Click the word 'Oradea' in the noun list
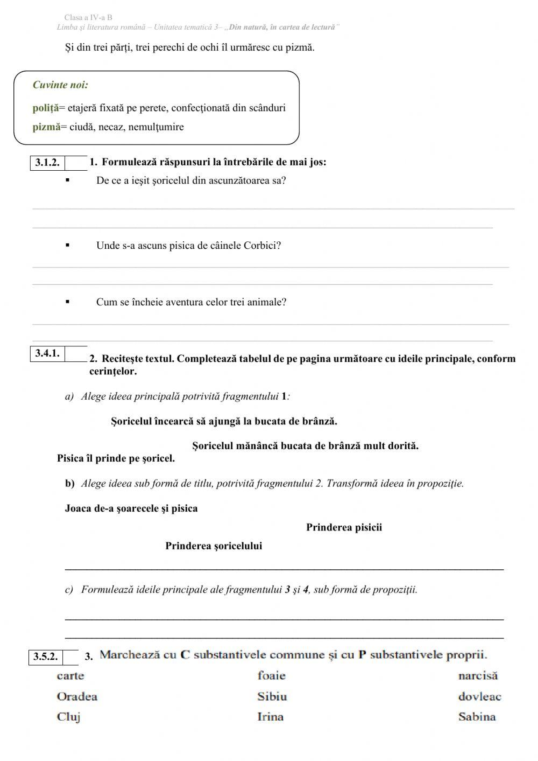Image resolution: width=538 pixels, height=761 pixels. (77, 696)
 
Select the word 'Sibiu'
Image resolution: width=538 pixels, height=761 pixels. (272, 696)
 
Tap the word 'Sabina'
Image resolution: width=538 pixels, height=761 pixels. (477, 717)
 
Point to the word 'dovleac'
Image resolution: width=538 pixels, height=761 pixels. (479, 696)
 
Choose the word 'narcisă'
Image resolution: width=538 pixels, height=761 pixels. (478, 675)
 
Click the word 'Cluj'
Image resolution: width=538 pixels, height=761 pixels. (68, 717)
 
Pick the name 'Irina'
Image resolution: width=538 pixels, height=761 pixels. (270, 717)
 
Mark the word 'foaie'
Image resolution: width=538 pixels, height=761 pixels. (271, 675)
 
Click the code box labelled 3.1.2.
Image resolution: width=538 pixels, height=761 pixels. (47, 163)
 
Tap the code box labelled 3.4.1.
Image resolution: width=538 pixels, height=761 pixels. (47, 354)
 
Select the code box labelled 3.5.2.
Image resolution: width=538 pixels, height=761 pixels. (46, 657)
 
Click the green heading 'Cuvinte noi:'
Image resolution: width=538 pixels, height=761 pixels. (60, 85)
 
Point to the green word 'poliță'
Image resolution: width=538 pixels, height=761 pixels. (45, 108)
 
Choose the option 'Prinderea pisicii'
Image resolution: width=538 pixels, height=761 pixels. (344, 527)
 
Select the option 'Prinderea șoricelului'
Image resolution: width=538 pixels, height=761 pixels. (214, 546)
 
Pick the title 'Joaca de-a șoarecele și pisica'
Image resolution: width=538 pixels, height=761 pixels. (131, 508)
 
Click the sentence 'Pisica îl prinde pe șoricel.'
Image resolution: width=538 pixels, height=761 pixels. (116, 458)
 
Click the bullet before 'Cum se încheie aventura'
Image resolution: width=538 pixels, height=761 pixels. (67, 302)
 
